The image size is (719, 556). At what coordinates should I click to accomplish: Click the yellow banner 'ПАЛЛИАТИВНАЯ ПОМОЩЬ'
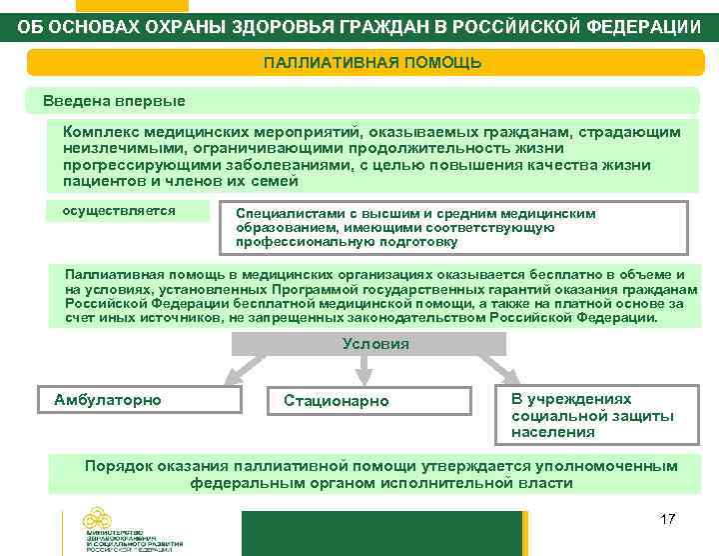(372, 63)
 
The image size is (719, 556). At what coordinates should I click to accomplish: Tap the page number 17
(668, 520)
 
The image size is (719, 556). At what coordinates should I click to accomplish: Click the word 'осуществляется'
(119, 211)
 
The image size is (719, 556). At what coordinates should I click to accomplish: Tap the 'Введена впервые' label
(114, 101)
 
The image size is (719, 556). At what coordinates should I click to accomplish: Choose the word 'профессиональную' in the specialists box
(293, 242)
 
